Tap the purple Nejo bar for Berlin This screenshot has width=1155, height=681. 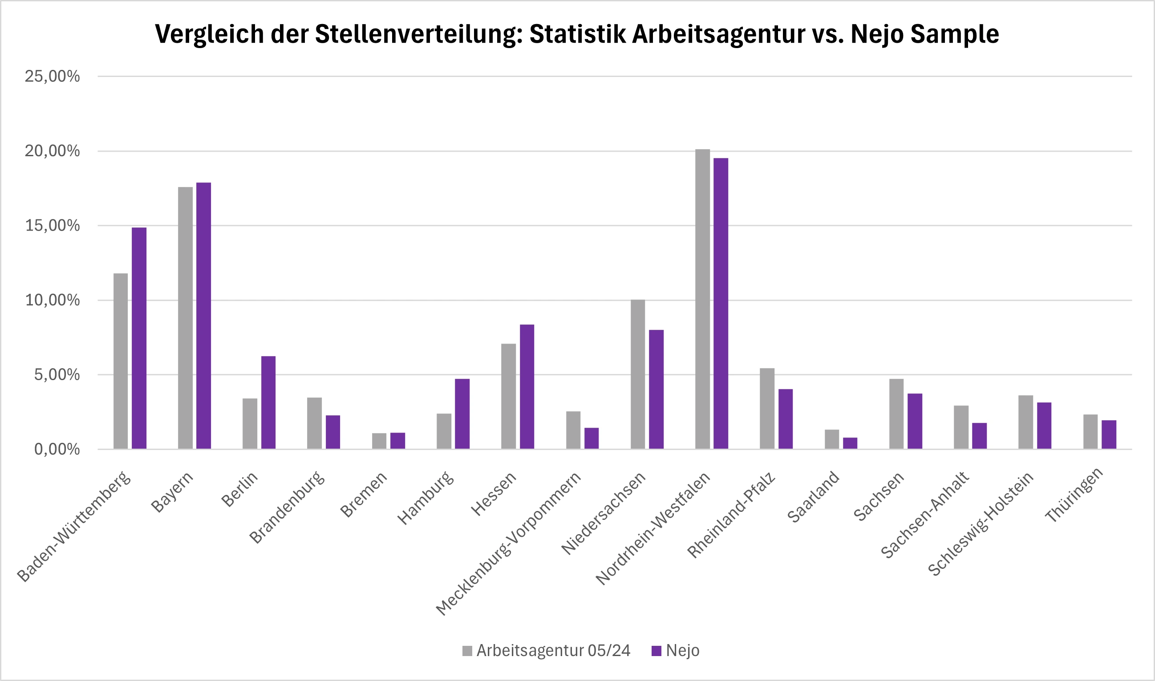(268, 402)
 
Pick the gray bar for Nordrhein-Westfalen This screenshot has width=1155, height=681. (702, 299)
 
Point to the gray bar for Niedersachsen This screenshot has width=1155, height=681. (638, 374)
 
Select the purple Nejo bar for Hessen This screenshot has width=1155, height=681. (527, 386)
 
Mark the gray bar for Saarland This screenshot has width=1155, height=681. (832, 439)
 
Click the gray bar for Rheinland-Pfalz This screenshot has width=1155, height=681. (767, 409)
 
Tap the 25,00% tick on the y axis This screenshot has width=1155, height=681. (53, 76)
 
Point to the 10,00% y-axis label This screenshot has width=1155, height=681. (53, 300)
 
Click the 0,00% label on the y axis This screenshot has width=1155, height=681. (57, 449)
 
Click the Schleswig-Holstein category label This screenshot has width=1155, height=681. (981, 523)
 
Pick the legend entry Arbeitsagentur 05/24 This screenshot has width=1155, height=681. (553, 651)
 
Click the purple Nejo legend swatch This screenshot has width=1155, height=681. (656, 651)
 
